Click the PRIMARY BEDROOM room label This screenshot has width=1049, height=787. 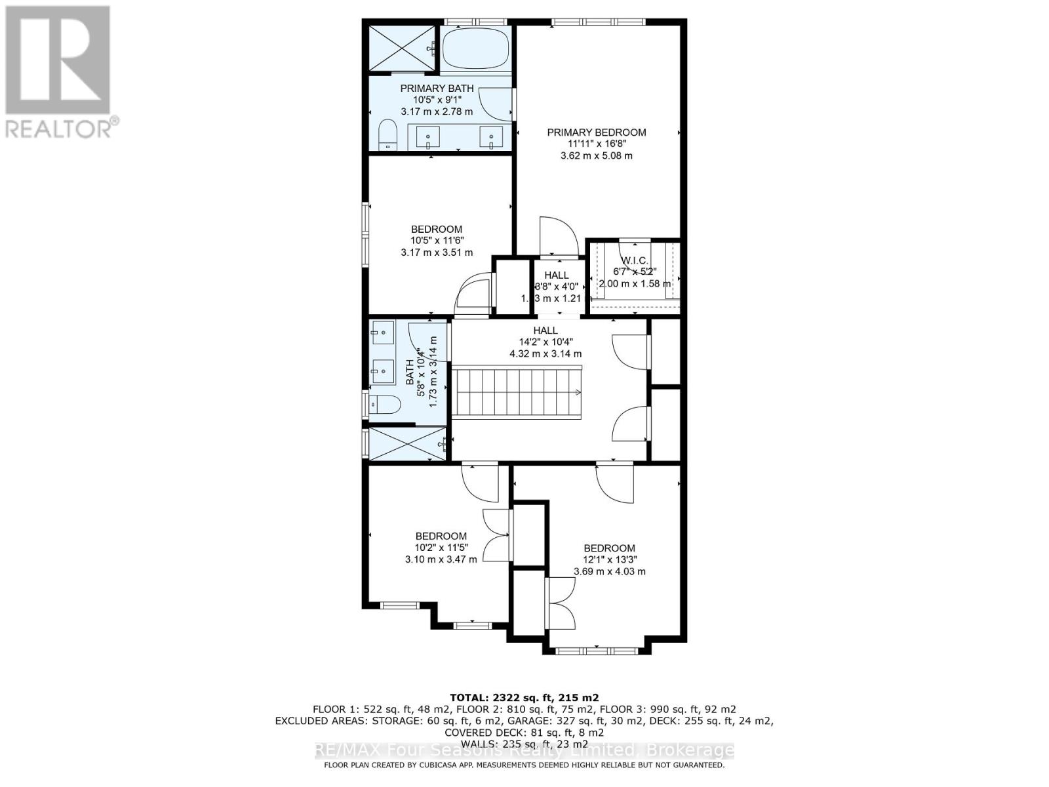tap(596, 132)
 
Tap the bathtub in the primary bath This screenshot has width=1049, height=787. tap(475, 49)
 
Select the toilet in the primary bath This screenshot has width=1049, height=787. tap(388, 134)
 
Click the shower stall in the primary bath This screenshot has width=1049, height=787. tap(401, 49)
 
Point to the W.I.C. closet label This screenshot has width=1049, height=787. tap(634, 261)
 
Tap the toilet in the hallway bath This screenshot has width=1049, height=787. tap(385, 405)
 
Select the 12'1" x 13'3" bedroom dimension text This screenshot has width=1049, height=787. tap(610, 560)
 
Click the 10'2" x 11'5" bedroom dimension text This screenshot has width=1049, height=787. tap(441, 548)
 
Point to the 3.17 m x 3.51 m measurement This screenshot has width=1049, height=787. tap(437, 252)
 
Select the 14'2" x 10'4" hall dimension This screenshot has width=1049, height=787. tap(545, 342)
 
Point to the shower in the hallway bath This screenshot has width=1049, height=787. tap(406, 444)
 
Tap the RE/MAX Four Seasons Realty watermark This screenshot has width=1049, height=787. tap(524, 750)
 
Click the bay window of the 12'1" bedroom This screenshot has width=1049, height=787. tap(596, 651)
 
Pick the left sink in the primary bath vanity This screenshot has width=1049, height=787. tap(428, 137)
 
